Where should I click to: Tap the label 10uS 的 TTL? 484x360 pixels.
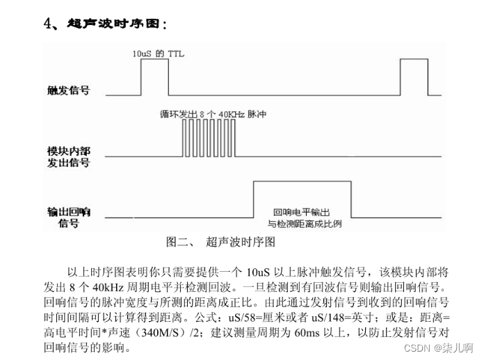point(159,53)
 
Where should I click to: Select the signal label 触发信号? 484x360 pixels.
point(68,90)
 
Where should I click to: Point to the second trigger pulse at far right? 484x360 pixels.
point(413,76)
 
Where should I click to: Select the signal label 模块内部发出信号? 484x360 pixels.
point(68,156)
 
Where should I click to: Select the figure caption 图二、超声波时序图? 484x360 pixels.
point(220,242)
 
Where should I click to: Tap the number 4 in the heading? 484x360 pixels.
point(48,24)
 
